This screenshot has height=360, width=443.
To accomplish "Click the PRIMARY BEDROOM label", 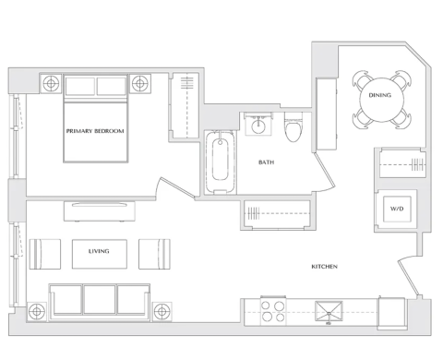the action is [95, 131].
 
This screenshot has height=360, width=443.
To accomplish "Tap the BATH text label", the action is [266, 162].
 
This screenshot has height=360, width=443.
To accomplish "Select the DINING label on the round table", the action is [380, 95].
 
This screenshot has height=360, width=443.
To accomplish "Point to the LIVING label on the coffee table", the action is [99, 251].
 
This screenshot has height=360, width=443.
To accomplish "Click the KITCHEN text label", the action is [325, 267].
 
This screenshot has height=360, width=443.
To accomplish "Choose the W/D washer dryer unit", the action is [397, 209].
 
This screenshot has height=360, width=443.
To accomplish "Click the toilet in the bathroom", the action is [293, 127].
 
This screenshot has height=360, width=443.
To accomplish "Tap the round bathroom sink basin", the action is [258, 126].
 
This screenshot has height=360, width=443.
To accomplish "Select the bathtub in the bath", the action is [220, 162].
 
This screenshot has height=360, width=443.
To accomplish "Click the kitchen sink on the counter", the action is [329, 311].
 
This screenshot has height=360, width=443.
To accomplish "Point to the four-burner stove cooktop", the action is [273, 311].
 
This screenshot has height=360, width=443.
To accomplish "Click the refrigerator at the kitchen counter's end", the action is [391, 314].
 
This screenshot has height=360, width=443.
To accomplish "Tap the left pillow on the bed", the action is [80, 86].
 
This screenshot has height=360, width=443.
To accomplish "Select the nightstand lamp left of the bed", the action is [51, 83].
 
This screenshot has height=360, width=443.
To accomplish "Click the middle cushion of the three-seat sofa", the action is [100, 300].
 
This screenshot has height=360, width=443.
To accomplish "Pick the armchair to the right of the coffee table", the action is [154, 254].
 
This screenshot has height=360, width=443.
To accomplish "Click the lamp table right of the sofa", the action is [162, 312].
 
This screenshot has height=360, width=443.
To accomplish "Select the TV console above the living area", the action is [100, 211].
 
